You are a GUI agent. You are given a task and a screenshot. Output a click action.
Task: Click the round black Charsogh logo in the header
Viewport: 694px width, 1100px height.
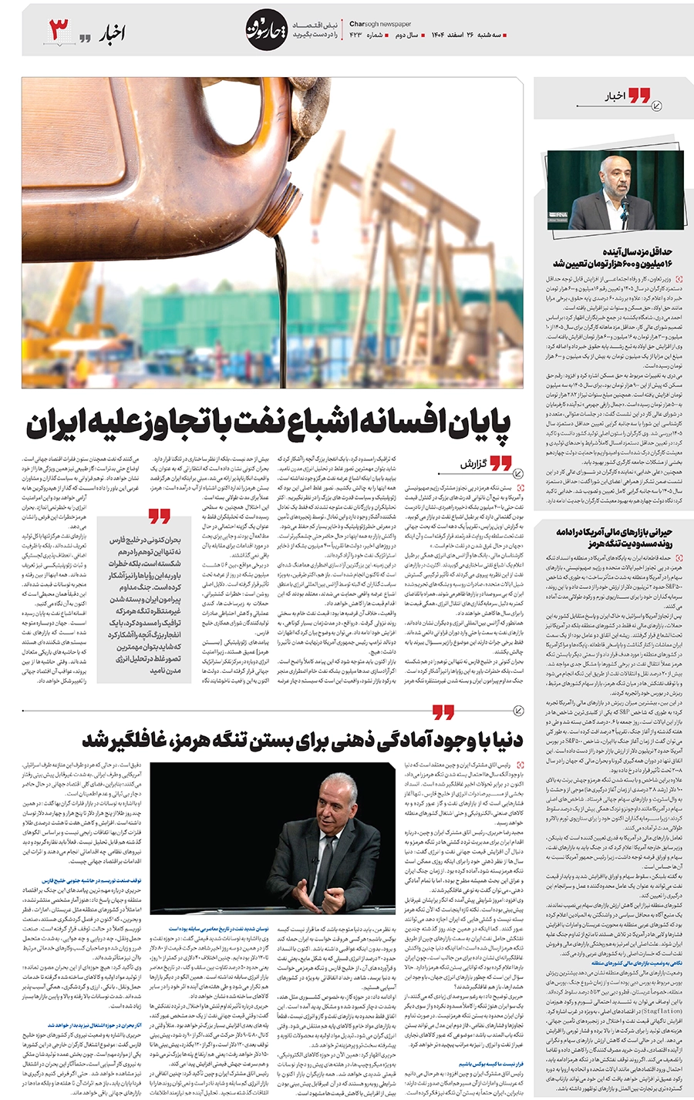pyautogui.click(x=266, y=31)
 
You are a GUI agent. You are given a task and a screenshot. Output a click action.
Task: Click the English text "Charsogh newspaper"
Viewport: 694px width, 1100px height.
pyautogui.click(x=380, y=24)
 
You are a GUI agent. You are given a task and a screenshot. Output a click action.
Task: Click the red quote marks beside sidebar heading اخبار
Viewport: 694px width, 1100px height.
pyautogui.click(x=638, y=96)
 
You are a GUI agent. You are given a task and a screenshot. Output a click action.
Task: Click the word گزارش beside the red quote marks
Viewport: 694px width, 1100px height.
pyautogui.click(x=471, y=465)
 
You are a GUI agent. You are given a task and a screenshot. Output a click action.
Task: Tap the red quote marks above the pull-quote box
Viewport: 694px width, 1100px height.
pyautogui.click(x=159, y=515)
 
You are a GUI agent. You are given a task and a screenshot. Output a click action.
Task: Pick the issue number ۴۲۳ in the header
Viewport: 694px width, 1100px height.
pyautogui.click(x=355, y=35)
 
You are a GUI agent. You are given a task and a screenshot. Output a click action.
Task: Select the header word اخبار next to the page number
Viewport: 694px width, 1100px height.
pyautogui.click(x=112, y=32)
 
